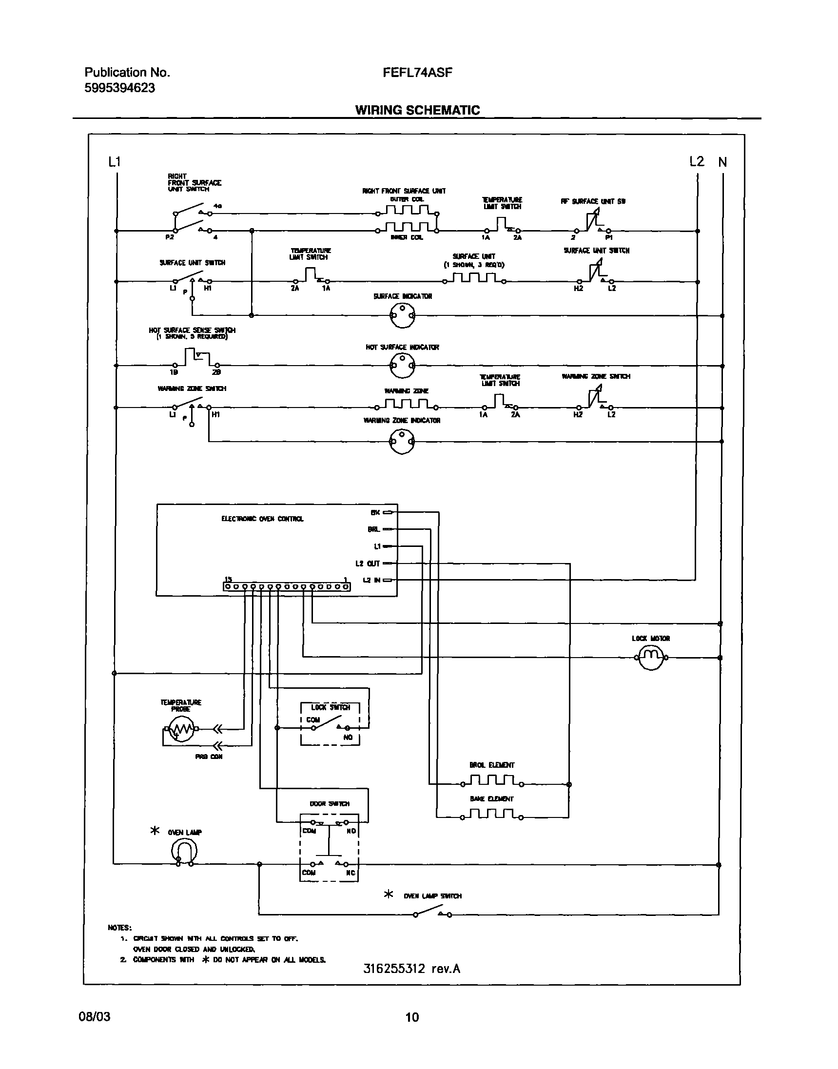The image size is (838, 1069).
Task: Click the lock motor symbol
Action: (650, 657)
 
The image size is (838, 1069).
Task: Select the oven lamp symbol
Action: (184, 851)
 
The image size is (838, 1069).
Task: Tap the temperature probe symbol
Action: (181, 730)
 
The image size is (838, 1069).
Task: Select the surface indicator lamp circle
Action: (402, 315)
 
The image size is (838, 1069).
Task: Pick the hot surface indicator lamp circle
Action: (402, 366)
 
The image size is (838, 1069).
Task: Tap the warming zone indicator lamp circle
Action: (402, 441)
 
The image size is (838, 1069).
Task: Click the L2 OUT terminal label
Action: (368, 564)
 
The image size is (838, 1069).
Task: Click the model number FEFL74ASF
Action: (417, 73)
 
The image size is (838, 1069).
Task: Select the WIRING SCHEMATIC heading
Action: (417, 110)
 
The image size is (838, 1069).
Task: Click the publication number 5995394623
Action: (120, 88)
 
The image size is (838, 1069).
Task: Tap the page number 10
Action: (412, 1017)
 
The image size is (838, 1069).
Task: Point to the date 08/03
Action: (95, 1016)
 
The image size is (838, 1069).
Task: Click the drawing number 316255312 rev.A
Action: (411, 969)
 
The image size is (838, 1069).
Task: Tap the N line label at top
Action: (722, 162)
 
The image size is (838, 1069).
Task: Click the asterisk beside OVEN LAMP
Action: (155, 831)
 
